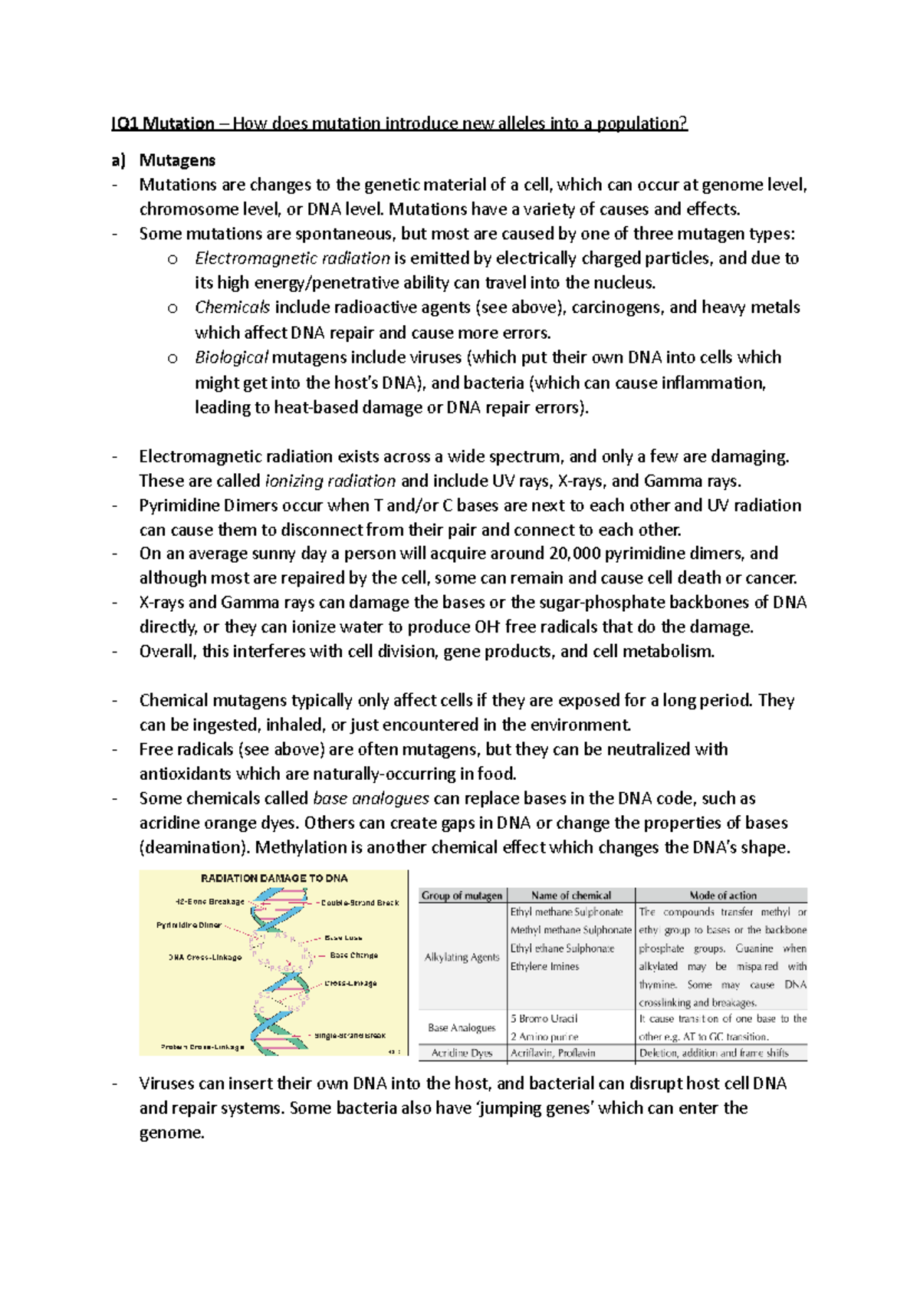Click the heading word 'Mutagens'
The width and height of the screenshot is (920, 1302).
pos(176,160)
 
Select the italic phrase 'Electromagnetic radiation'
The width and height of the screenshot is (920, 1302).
pos(292,258)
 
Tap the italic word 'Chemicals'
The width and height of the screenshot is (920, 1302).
pos(232,307)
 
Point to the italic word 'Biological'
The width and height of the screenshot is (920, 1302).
pos(231,357)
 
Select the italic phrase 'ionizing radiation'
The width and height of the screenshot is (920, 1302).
pos(330,481)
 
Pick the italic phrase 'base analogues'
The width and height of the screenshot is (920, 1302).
pos(371,798)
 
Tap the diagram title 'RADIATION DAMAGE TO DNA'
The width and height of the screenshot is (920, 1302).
pos(274,879)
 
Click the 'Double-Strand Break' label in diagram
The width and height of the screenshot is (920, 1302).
pos(360,903)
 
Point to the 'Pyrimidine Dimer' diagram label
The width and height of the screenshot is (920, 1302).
pos(189,926)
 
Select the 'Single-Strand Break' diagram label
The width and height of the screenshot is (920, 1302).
pos(350,1035)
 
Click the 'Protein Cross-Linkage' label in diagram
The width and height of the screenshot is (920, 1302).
pos(202,1047)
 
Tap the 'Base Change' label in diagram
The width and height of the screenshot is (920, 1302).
pos(353,955)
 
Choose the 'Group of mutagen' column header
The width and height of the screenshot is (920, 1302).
pos(462,896)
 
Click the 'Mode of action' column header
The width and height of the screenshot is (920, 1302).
pos(722,896)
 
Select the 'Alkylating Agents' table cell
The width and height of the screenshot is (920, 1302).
pos(462,957)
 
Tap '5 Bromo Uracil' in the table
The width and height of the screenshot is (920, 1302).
pos(544,1019)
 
